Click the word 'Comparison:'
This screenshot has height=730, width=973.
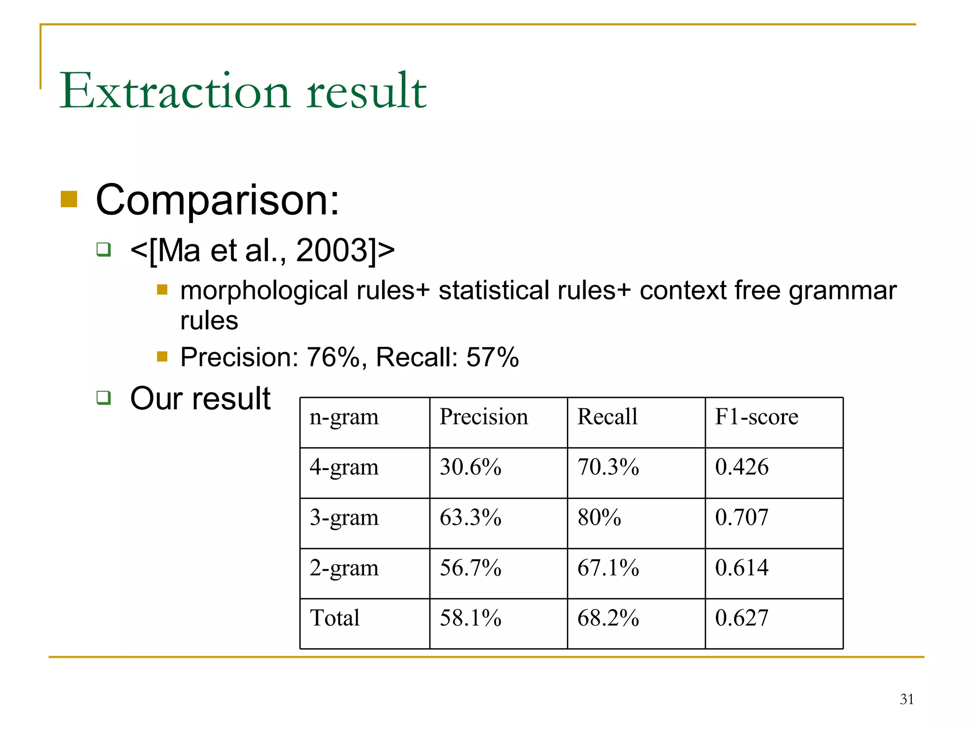[x=218, y=200]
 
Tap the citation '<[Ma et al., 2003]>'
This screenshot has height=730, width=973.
[x=262, y=250]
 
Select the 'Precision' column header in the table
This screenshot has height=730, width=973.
[x=483, y=417]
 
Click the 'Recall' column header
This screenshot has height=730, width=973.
[x=607, y=417]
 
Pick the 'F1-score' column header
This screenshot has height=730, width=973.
[x=756, y=417]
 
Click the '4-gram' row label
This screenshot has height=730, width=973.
[x=344, y=467]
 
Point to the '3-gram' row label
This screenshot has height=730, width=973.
[x=344, y=518]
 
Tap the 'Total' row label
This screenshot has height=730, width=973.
[x=334, y=618]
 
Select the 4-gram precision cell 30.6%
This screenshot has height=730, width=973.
[x=470, y=467]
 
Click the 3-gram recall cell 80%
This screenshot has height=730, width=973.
[x=599, y=518]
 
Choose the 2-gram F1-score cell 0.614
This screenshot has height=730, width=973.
[x=742, y=567]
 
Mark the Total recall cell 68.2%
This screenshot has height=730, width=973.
[x=608, y=618]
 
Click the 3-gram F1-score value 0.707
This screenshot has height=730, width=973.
[x=742, y=518]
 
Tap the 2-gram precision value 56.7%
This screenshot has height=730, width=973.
[x=470, y=567]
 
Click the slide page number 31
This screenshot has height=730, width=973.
[x=906, y=699]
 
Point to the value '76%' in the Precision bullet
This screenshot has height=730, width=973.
[x=333, y=357]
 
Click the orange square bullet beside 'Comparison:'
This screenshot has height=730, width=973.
[x=69, y=200]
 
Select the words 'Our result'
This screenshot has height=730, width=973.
[x=200, y=398]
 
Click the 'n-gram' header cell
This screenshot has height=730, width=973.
[x=344, y=417]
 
